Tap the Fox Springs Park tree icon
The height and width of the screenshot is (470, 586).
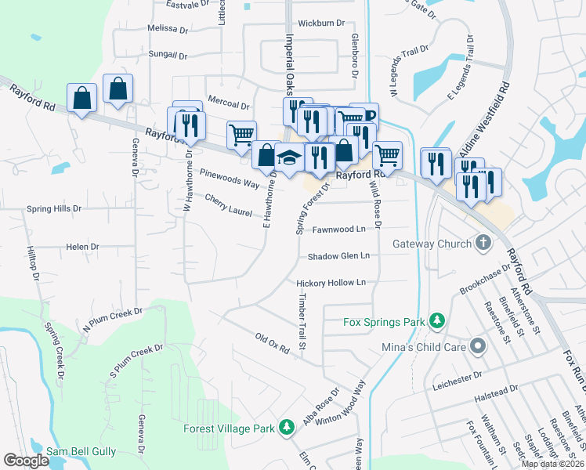pyautogui.click(x=436, y=320)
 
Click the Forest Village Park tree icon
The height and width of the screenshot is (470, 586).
pyautogui.click(x=288, y=428)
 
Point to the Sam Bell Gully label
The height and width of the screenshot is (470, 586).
pyautogui.click(x=81, y=451)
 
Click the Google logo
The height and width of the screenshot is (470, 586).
pyautogui.click(x=26, y=461)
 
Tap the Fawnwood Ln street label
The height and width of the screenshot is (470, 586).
pyautogui.click(x=338, y=230)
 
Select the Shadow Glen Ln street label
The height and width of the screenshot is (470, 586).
pyautogui.click(x=338, y=256)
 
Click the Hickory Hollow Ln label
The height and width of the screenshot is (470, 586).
pyautogui.click(x=331, y=283)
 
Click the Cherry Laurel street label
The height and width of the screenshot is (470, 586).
pyautogui.click(x=228, y=206)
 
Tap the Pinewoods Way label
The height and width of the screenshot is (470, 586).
pyautogui.click(x=230, y=178)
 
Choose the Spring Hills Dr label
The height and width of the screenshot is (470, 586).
pyautogui.click(x=54, y=209)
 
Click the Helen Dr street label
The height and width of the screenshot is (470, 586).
pyautogui.click(x=82, y=247)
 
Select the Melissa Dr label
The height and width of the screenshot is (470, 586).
pyautogui.click(x=168, y=29)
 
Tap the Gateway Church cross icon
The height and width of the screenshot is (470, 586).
pyautogui.click(x=483, y=244)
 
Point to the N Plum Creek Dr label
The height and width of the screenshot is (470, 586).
pyautogui.click(x=113, y=318)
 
